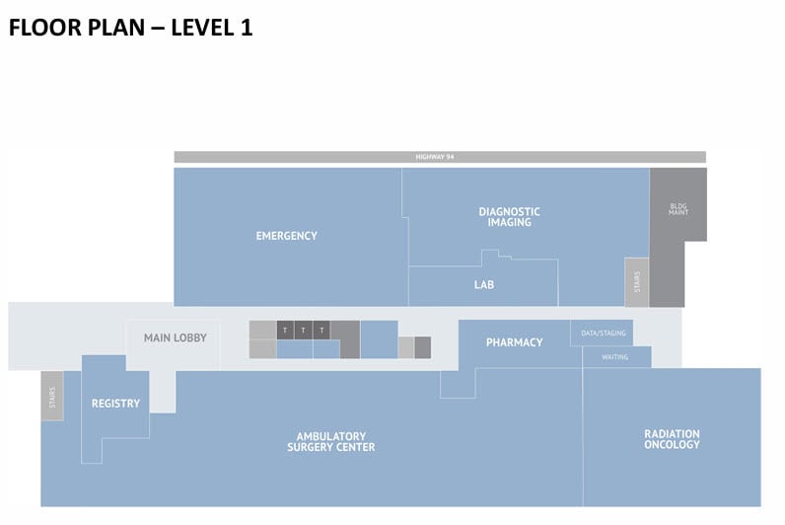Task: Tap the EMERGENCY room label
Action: pos(286,236)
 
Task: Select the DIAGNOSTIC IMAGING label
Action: pos(509,217)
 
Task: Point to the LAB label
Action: pos(483,285)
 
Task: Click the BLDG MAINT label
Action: pos(678,208)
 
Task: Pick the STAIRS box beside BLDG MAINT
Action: pos(636,282)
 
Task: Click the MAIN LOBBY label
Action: pos(176,337)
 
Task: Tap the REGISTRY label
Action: pos(115,404)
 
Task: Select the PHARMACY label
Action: pos(514,342)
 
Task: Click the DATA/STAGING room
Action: pos(601,334)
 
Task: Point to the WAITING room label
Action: pos(614,357)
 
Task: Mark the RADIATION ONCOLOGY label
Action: pos(672,439)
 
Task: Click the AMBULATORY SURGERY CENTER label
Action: pos(330,441)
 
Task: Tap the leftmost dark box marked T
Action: pos(285,330)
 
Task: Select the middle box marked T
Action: pos(303,330)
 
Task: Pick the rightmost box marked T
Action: pos(321,330)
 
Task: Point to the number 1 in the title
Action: pos(246,28)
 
